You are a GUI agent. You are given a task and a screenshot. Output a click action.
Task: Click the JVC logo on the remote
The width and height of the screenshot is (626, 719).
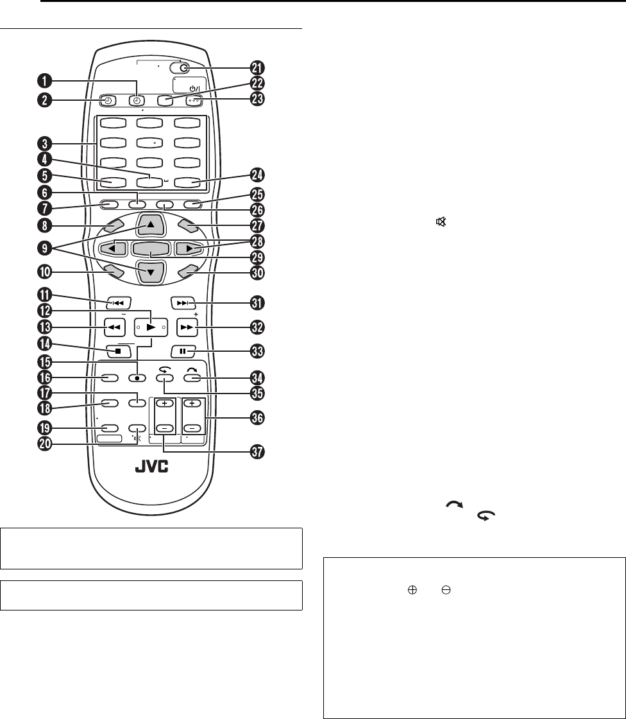[151, 467]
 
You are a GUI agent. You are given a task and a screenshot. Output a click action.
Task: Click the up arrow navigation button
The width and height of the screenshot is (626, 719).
[151, 223]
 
